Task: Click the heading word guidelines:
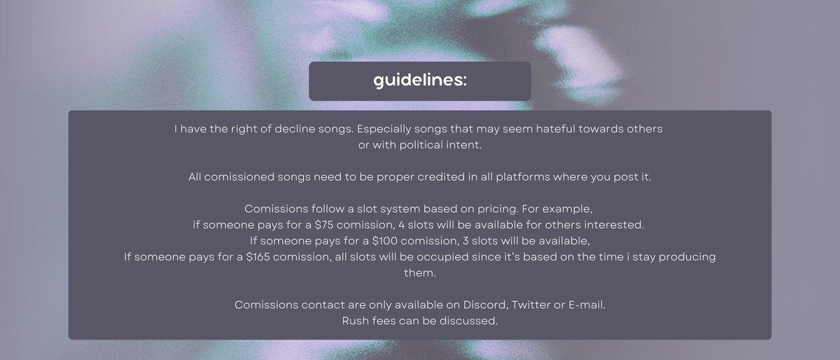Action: pyautogui.click(x=420, y=81)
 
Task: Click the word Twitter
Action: pyautogui.click(x=535, y=305)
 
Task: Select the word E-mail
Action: pyautogui.click(x=589, y=305)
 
